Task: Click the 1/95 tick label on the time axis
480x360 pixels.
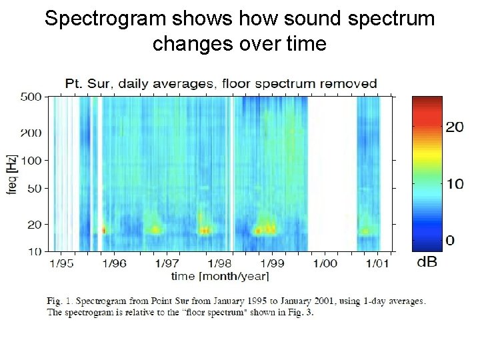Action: click(x=62, y=263)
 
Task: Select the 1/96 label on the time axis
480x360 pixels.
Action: click(x=114, y=263)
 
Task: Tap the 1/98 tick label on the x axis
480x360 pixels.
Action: click(x=219, y=263)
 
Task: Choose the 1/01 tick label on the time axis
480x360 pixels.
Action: click(x=377, y=263)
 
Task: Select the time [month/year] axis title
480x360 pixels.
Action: click(x=219, y=276)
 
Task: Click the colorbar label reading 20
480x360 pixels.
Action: click(x=455, y=127)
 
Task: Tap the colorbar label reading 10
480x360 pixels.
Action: click(x=455, y=184)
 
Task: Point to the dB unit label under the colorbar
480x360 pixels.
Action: click(x=427, y=262)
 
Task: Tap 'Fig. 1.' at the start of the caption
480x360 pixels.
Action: click(x=59, y=301)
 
